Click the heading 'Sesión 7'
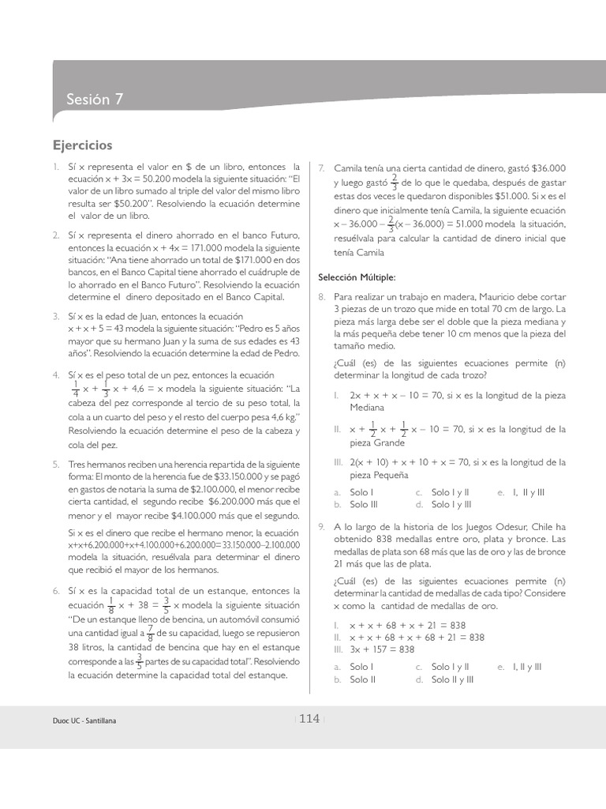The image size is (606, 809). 95,100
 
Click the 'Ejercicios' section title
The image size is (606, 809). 83,145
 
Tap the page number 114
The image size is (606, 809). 309,718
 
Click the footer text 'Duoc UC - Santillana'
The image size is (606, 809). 88,721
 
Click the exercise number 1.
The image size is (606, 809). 56,168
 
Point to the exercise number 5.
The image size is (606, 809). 56,464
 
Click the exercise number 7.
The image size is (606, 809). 321,168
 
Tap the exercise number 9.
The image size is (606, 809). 321,527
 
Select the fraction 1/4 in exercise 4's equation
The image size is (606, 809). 75,389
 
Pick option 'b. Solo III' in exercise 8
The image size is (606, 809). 361,504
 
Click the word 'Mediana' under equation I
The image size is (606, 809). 368,407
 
